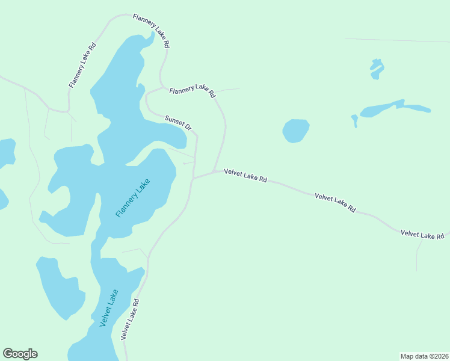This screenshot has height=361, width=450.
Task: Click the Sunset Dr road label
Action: [178, 123]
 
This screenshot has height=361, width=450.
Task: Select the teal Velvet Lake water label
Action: [109, 308]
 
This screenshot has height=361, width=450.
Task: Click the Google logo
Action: [20, 354]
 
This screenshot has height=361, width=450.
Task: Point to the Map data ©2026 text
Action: [424, 356]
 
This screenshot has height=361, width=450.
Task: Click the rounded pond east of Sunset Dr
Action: [295, 131]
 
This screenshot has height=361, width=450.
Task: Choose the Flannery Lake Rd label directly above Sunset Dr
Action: [192, 90]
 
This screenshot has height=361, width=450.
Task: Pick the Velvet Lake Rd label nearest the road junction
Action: [245, 175]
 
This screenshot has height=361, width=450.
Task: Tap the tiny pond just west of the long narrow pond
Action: [354, 120]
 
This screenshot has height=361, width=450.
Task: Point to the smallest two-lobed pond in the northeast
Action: [377, 68]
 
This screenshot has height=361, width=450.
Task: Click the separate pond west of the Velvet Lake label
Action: [60, 287]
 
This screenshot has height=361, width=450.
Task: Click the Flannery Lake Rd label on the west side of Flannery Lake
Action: [82, 66]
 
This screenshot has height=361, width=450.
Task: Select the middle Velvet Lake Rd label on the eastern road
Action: [335, 203]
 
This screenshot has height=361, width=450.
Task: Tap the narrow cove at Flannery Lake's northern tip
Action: [148, 39]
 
